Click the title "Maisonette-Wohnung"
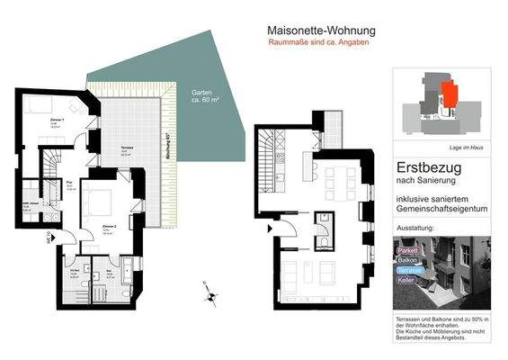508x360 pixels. coord(322,31)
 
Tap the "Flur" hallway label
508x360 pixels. coord(68,186)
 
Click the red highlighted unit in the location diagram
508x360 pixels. coord(448,92)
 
